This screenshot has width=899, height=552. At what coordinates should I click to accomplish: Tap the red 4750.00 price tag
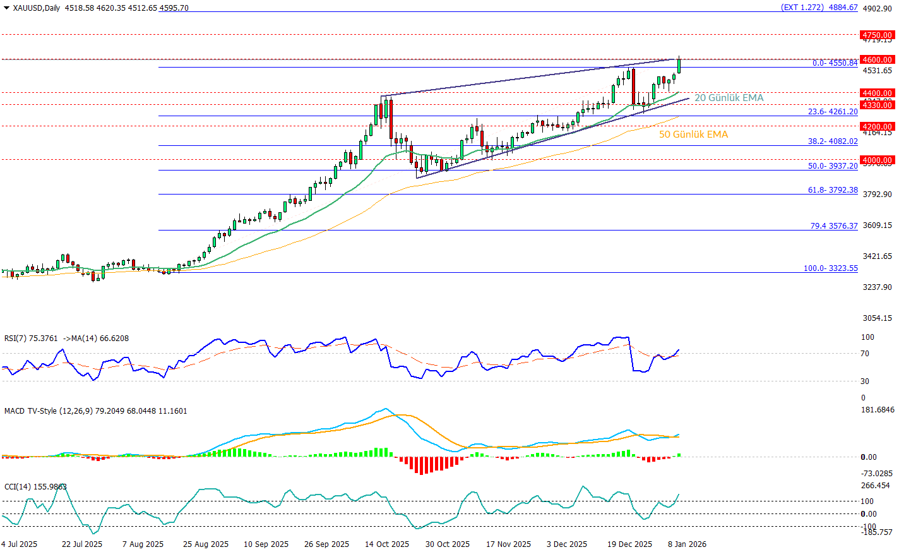coord(878,35)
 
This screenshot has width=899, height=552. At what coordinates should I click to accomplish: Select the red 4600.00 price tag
coord(878,59)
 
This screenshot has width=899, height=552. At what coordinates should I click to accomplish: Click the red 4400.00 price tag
coord(878,93)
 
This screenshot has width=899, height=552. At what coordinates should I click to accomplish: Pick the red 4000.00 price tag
coord(878,160)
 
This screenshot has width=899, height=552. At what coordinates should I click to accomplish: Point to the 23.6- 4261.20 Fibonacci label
coord(833,112)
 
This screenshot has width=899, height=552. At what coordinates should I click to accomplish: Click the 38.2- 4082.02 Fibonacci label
coord(833,141)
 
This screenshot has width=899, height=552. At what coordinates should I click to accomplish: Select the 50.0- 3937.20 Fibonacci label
coord(833,166)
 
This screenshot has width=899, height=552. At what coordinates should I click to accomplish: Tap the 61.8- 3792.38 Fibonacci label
coord(833,190)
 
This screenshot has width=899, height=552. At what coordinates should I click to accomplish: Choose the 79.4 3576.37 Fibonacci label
coord(834,226)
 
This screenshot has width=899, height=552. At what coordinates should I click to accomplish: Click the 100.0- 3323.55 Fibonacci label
coord(830,268)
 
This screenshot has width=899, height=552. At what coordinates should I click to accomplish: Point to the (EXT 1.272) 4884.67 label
coord(819,8)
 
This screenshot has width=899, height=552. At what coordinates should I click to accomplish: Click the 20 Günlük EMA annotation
coord(729,98)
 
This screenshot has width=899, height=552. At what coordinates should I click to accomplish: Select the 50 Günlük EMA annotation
coord(693,135)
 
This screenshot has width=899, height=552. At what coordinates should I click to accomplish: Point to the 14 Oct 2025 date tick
coord(387,544)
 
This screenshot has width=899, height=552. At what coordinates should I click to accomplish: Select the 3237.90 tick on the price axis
coord(877,287)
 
